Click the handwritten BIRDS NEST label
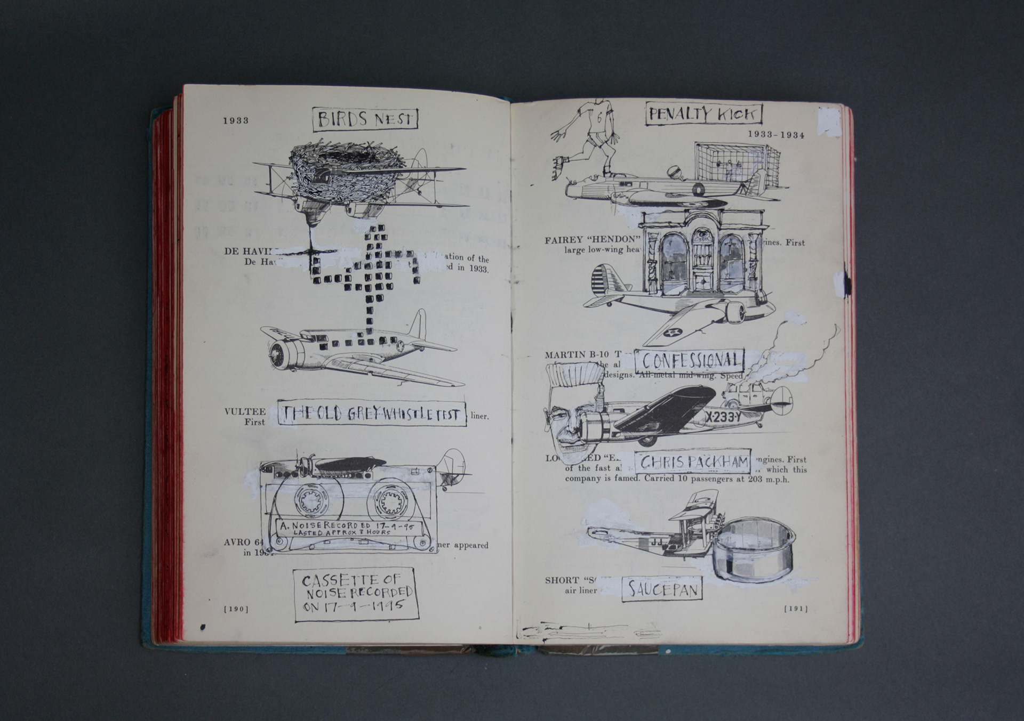click(x=365, y=119)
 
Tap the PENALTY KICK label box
click(x=703, y=114)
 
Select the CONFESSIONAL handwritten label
click(x=690, y=361)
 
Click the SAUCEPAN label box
click(x=662, y=589)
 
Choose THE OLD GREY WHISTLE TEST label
click(x=372, y=414)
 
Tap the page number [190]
click(x=236, y=609)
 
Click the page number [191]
click(x=796, y=609)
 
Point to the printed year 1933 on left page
click(x=236, y=120)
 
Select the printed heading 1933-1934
click(x=776, y=135)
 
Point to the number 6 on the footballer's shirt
click(x=599, y=118)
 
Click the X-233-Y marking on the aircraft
click(x=723, y=417)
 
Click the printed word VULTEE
click(x=245, y=411)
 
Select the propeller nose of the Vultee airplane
click(x=277, y=354)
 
